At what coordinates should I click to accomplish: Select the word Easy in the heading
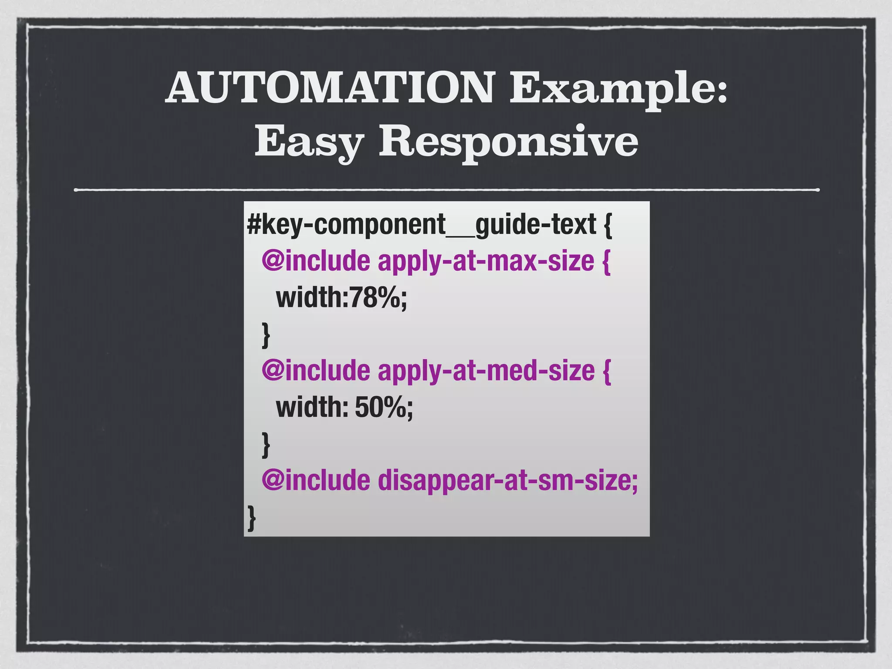point(309,142)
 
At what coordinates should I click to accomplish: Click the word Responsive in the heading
point(508,142)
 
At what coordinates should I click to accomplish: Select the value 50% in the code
point(380,408)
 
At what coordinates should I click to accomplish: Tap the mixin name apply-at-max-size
point(486,261)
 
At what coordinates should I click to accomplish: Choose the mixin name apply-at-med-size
point(486,371)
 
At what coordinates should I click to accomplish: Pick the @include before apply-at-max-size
point(316,261)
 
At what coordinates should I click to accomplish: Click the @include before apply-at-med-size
point(316,371)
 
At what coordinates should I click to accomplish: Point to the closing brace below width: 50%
point(266,445)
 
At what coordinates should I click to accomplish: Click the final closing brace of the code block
point(251,518)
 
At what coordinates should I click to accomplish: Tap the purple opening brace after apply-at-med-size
point(607,372)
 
